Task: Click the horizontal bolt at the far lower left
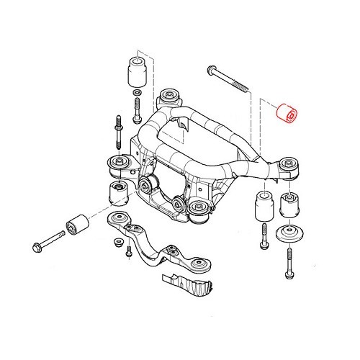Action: point(41,247)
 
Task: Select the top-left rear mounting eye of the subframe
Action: point(171,95)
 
